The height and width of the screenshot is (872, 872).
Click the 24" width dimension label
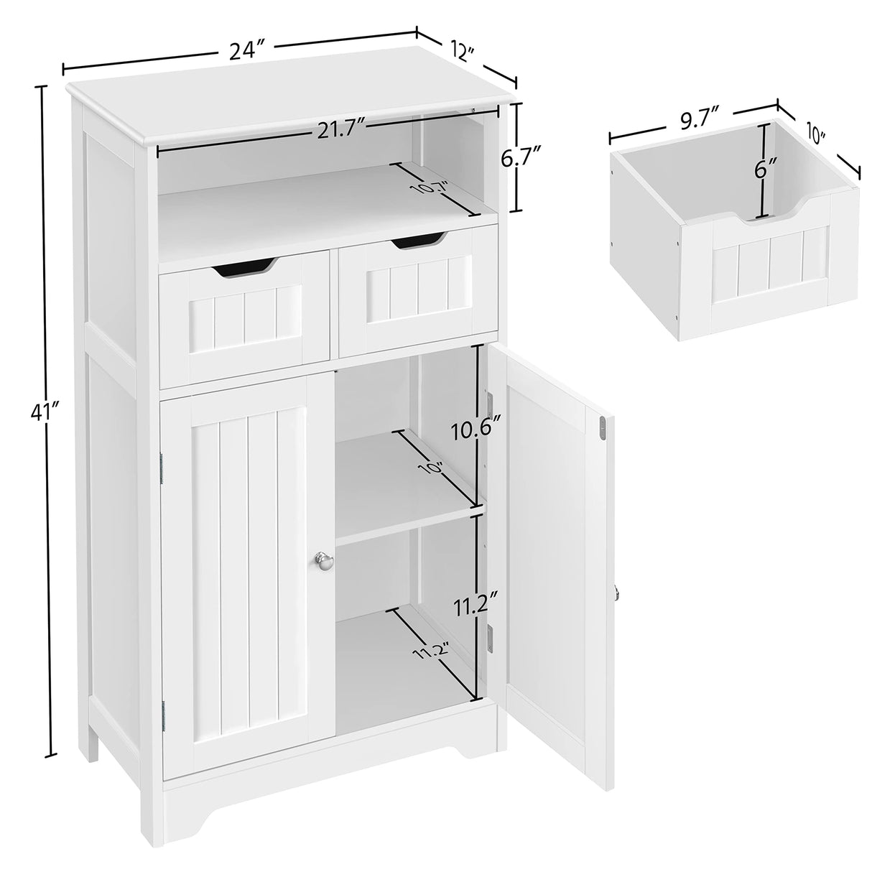249,51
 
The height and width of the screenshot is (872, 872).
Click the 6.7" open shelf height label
521,157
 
